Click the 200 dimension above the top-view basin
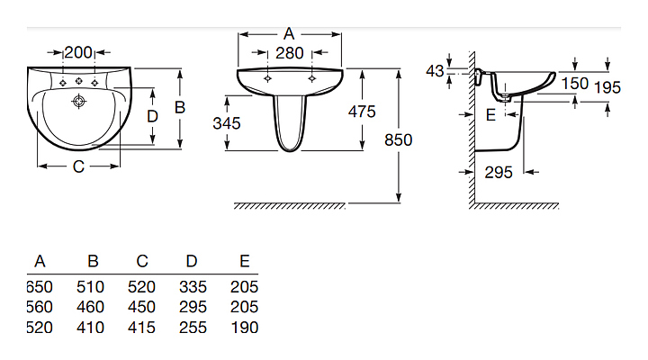coord(79,53)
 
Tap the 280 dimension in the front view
coord(289,53)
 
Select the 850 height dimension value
coord(399,139)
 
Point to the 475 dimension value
coord(362,112)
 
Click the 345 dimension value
coord(227,122)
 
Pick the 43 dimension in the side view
coord(436,70)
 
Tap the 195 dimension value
coord(608,86)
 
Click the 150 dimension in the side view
coord(574,84)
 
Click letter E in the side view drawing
coord(490,114)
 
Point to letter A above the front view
coord(289,33)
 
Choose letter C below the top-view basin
coord(78,166)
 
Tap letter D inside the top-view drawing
coord(153,115)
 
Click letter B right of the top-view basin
coord(180,106)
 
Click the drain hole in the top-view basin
coord(78,103)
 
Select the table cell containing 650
coord(40,287)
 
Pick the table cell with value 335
coord(192,287)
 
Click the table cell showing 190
coord(244,328)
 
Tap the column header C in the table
coord(141,262)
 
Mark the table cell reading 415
coord(141,328)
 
